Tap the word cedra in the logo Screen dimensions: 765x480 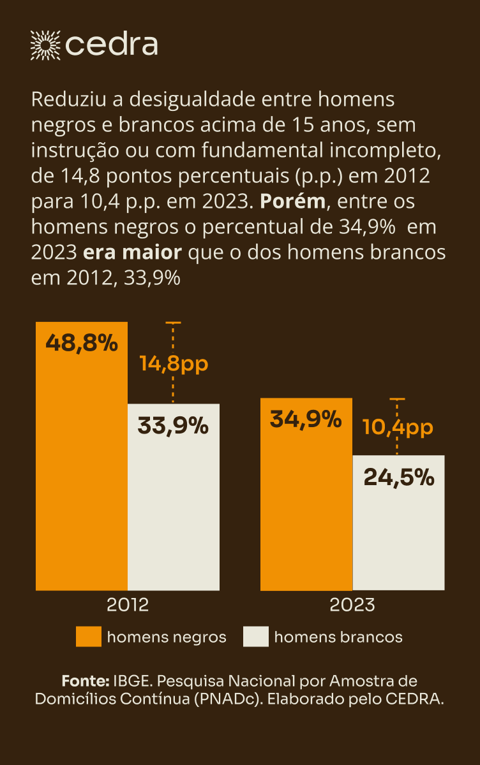pyautogui.click(x=112, y=45)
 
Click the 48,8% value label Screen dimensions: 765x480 pyautogui.click(x=82, y=344)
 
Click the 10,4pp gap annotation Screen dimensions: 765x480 pyautogui.click(x=398, y=427)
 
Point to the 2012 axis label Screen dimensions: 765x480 pyautogui.click(x=128, y=604)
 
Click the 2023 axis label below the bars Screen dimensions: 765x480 pyautogui.click(x=352, y=604)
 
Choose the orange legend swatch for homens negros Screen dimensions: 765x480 pyautogui.click(x=88, y=637)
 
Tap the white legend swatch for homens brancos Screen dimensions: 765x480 pyautogui.click(x=256, y=637)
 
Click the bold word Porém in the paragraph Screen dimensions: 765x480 pyautogui.click(x=292, y=202)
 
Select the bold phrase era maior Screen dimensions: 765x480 pyautogui.click(x=133, y=252)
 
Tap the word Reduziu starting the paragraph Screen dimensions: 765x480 pyautogui.click(x=61, y=100)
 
